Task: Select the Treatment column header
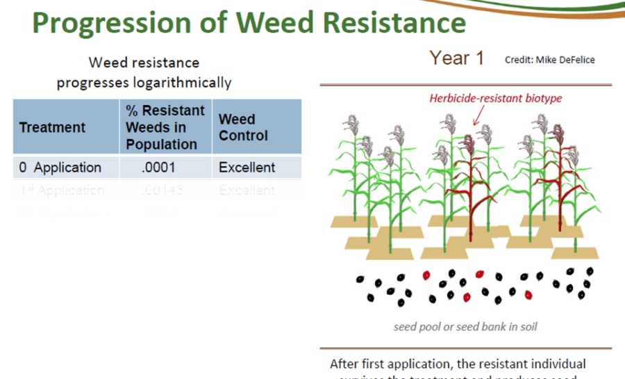click(52, 127)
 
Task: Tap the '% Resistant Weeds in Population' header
click(165, 127)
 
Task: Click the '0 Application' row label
click(60, 168)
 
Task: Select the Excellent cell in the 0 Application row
click(247, 168)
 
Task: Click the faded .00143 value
click(160, 190)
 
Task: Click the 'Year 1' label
click(456, 58)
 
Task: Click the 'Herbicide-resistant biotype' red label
click(495, 98)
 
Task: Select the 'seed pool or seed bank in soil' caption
click(465, 326)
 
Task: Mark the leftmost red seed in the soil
click(426, 275)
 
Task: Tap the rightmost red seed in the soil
click(528, 294)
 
